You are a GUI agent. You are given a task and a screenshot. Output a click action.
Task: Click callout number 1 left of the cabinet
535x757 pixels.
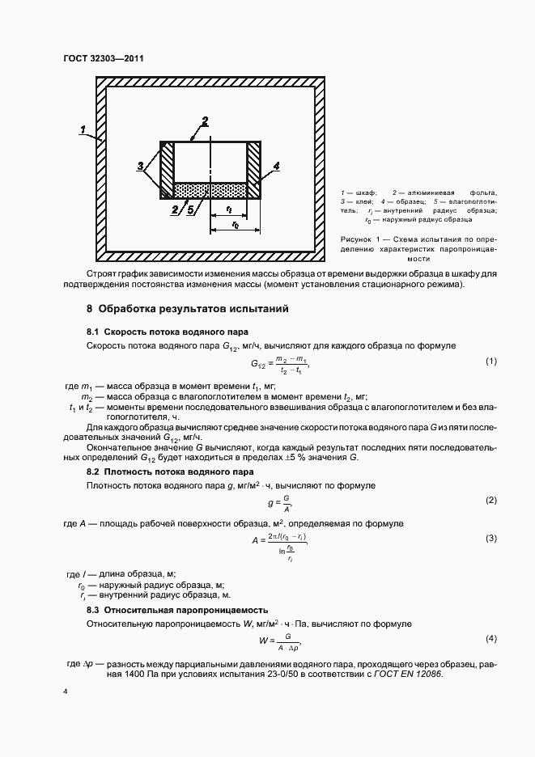[84, 129]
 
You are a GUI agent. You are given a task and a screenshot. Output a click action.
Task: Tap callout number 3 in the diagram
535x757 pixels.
[141, 167]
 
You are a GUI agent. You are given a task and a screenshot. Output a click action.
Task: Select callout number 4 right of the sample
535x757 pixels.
[276, 165]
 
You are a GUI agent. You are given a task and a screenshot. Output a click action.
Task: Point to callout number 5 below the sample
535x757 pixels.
[189, 209]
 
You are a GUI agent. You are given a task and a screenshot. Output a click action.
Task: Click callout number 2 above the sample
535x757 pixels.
[205, 121]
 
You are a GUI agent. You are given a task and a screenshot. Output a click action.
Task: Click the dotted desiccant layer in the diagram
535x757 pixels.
[211, 189]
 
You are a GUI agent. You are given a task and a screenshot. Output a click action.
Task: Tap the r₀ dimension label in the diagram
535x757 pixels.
[234, 225]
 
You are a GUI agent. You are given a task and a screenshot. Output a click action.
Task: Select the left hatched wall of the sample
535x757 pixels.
[168, 170]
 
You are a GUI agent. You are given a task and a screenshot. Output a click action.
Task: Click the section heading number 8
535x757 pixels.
[90, 309]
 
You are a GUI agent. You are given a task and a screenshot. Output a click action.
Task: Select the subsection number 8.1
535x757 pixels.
[92, 332]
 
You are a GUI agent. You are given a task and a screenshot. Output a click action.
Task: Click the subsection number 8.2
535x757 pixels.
[92, 471]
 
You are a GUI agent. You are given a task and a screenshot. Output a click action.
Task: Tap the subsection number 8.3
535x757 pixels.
[92, 609]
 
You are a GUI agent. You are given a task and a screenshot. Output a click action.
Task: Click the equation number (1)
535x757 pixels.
[490, 361]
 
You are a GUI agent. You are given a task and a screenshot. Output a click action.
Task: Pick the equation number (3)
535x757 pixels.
[490, 537]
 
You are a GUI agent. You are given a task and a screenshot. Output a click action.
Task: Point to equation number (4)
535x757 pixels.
[490, 639]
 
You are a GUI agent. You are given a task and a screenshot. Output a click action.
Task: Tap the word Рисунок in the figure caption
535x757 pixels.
[361, 240]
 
